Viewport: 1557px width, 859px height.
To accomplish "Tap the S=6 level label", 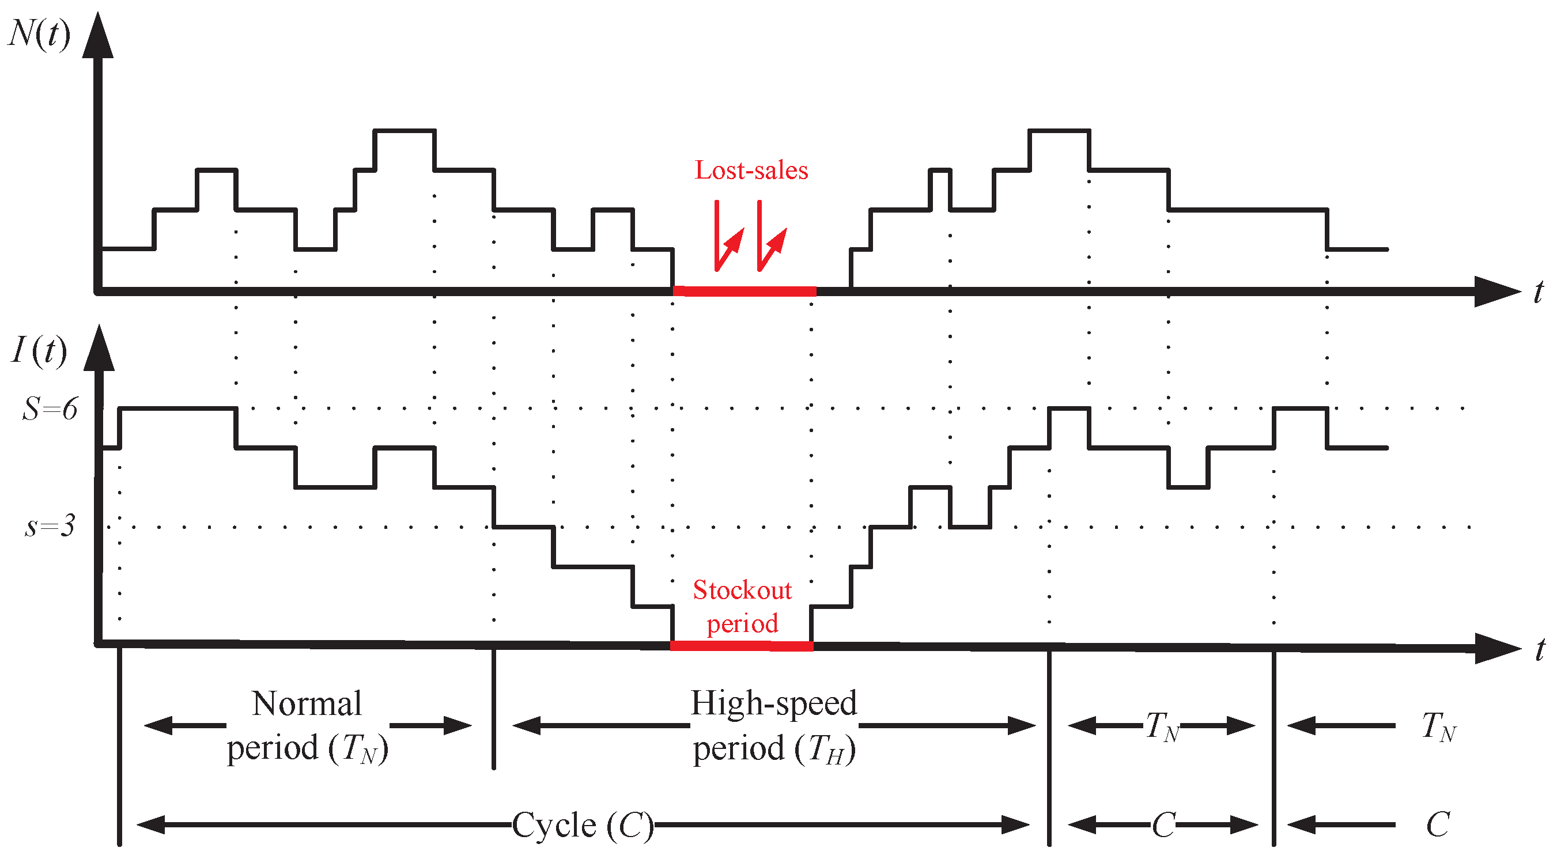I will [50, 409].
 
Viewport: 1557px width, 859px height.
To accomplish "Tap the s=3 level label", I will [50, 526].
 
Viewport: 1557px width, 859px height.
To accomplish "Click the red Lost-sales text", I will [751, 171].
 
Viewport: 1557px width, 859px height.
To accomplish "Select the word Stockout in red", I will [742, 591].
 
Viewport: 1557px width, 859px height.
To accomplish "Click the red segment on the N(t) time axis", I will [745, 292].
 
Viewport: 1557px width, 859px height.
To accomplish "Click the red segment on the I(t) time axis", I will [742, 646].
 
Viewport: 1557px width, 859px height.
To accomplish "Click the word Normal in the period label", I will [307, 704].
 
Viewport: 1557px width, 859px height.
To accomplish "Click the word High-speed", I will [774, 703].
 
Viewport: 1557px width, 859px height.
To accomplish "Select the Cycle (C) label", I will [583, 825].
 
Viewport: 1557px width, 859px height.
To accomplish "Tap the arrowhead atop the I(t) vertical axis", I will [99, 349].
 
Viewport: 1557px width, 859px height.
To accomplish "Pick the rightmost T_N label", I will [1439, 726].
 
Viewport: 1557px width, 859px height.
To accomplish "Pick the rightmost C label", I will [1438, 824].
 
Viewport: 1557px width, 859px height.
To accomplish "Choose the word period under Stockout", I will [742, 624].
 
